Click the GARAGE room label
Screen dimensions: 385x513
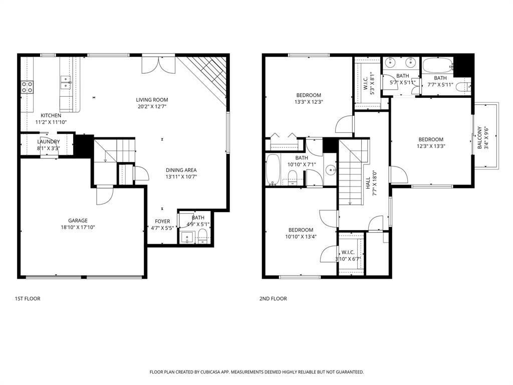click(x=78, y=221)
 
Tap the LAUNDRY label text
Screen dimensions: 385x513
click(x=48, y=142)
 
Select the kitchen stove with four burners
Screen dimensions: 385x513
click(x=27, y=87)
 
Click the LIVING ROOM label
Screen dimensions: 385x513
click(x=152, y=100)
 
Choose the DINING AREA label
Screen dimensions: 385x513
click(x=181, y=170)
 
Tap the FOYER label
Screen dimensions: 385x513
click(x=162, y=221)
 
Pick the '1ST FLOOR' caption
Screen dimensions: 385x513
click(x=28, y=299)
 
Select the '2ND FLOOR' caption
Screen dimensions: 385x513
click(x=273, y=299)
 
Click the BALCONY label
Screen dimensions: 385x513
click(x=479, y=137)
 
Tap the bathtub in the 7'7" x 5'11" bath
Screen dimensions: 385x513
click(x=437, y=66)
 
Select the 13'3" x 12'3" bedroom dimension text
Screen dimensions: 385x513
click(x=309, y=102)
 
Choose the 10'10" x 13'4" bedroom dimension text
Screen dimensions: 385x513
click(x=301, y=237)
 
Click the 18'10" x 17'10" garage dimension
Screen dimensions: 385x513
click(x=78, y=227)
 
